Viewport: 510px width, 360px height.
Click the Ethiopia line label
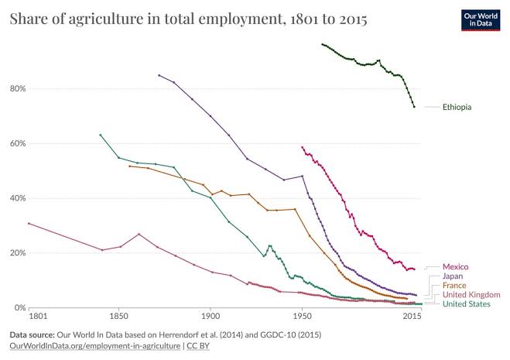pos(457,107)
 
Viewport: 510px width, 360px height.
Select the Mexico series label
pos(455,267)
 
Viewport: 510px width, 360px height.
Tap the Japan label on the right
pos(453,276)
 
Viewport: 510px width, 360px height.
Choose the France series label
pos(454,286)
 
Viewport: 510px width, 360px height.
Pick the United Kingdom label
pos(471,295)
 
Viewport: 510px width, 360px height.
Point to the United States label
pos(467,304)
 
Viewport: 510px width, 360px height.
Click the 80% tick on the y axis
pos(18,89)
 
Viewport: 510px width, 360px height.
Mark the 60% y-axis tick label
pos(18,143)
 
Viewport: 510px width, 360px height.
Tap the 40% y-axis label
pos(18,198)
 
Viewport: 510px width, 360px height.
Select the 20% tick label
pos(18,253)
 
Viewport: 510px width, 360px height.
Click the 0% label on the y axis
pos(20,307)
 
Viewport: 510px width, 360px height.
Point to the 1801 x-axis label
pos(38,317)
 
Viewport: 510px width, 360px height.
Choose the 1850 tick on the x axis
pos(118,317)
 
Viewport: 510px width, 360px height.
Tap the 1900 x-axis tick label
pos(211,317)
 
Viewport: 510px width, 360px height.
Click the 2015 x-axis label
pos(412,317)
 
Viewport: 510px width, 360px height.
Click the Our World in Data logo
pos(481,20)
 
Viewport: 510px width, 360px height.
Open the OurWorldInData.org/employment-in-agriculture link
pos(95,346)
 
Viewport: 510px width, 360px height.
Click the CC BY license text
pos(198,346)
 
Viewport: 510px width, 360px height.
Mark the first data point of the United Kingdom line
pos(29,223)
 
